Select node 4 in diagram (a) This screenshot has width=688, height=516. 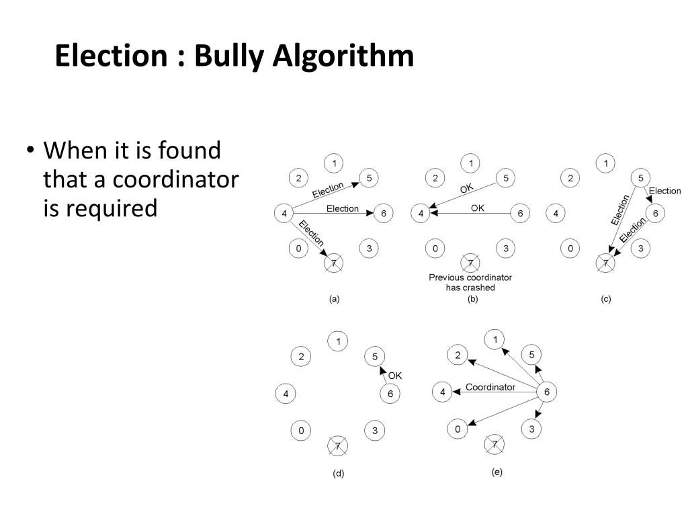pyautogui.click(x=284, y=214)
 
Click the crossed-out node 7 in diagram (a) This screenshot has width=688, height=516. pyautogui.click(x=334, y=263)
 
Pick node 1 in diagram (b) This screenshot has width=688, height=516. pyautogui.click(x=471, y=163)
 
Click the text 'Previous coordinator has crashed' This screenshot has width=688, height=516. pyautogui.click(x=470, y=282)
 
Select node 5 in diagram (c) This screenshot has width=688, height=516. pyautogui.click(x=640, y=178)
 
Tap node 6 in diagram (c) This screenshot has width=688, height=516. pyautogui.click(x=656, y=214)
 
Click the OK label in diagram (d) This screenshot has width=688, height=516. pyautogui.click(x=395, y=376)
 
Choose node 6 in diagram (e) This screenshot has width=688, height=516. pyautogui.click(x=547, y=392)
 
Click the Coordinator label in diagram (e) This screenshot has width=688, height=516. pyautogui.click(x=490, y=387)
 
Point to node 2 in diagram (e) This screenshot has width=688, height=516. pyautogui.click(x=458, y=355)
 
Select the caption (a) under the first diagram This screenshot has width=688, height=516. pyautogui.click(x=334, y=300)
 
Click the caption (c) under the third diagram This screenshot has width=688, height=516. pyautogui.click(x=606, y=300)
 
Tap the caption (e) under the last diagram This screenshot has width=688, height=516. pyautogui.click(x=497, y=472)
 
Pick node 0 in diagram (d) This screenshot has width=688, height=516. pyautogui.click(x=302, y=430)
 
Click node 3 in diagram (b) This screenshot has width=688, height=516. pyautogui.click(x=506, y=249)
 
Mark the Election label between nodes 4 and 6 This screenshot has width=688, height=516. pyautogui.click(x=343, y=209)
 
